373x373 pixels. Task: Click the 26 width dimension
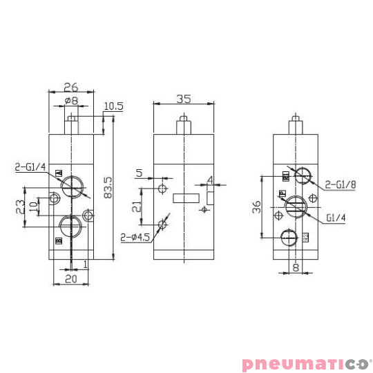[x=71, y=88]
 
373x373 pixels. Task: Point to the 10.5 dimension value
[x=114, y=106]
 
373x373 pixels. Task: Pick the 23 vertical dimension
[x=20, y=206]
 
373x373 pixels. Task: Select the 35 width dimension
[x=183, y=99]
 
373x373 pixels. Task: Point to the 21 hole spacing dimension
[x=136, y=206]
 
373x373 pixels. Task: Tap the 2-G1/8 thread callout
[x=341, y=184]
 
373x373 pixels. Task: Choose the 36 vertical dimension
[x=256, y=206]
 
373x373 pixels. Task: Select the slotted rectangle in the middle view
[x=184, y=198]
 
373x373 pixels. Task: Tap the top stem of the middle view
[x=184, y=126]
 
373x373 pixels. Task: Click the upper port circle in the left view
[x=71, y=186]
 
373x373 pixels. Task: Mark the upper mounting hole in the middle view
[x=162, y=189]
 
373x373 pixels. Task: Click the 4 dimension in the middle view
[x=211, y=183]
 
